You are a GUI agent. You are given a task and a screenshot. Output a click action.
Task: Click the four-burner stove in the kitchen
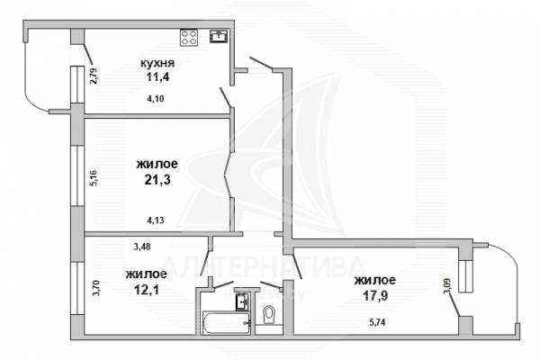point(189,38)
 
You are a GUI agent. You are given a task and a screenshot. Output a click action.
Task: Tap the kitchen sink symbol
point(219,36)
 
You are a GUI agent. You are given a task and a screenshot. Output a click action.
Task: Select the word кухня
point(157,63)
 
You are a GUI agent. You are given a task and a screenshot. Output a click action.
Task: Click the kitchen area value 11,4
point(158,76)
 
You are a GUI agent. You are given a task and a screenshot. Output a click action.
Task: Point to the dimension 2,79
point(94,76)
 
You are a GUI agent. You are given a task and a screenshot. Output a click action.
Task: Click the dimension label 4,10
point(156,99)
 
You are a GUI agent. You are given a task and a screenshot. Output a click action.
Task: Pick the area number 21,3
point(157,179)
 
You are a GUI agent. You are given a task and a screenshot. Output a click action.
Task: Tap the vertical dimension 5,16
point(94,178)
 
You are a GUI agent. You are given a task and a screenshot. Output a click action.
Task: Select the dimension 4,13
point(156,220)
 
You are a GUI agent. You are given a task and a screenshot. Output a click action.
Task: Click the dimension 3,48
point(141,247)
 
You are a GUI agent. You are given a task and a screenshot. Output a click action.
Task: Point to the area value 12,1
point(147,290)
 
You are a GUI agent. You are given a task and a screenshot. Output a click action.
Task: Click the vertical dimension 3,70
point(96,289)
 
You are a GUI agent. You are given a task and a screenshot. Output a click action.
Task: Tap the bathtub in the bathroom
point(226,322)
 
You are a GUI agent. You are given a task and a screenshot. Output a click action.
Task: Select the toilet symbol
point(268,315)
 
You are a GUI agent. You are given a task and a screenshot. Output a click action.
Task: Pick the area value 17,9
point(375,295)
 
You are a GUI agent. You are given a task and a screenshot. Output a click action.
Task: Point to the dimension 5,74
point(377,322)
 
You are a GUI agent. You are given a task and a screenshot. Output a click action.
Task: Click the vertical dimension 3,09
point(447,285)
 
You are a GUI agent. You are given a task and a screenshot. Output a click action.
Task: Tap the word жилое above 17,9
point(375,280)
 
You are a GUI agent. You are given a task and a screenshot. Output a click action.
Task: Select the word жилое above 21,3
point(157,164)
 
